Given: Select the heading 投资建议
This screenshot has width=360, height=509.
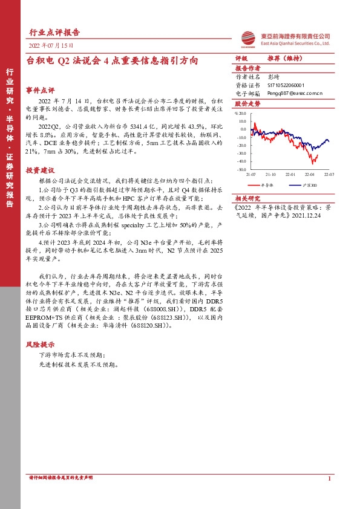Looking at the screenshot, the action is click(40, 170).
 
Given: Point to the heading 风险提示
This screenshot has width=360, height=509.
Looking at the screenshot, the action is click(40, 344).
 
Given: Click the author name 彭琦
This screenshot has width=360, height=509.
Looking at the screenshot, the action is click(273, 77).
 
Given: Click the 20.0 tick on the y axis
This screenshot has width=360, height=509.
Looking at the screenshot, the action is click(242, 121).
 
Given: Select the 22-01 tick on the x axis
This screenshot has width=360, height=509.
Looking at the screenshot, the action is click(292, 173).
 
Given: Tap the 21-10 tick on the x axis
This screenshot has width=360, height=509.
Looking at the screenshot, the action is click(271, 173).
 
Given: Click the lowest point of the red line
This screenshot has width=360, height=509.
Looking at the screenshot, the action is click(313, 163).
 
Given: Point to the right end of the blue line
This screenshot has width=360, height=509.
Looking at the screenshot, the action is click(329, 142).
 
